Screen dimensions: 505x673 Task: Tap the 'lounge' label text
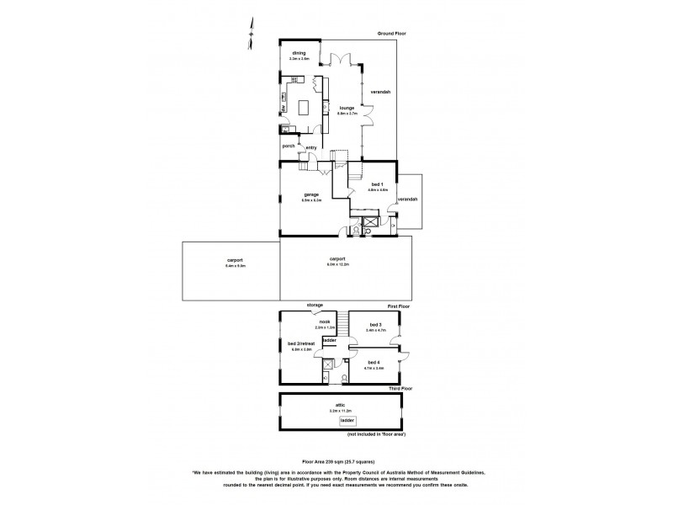347,108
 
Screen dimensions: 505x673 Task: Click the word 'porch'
289,146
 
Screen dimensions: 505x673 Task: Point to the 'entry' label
311,148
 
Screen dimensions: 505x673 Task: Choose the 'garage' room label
311,194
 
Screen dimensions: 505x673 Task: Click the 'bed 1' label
377,184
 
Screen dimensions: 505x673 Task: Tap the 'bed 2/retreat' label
301,343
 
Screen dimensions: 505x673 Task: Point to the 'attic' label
342,404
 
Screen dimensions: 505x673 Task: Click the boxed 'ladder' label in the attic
347,419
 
